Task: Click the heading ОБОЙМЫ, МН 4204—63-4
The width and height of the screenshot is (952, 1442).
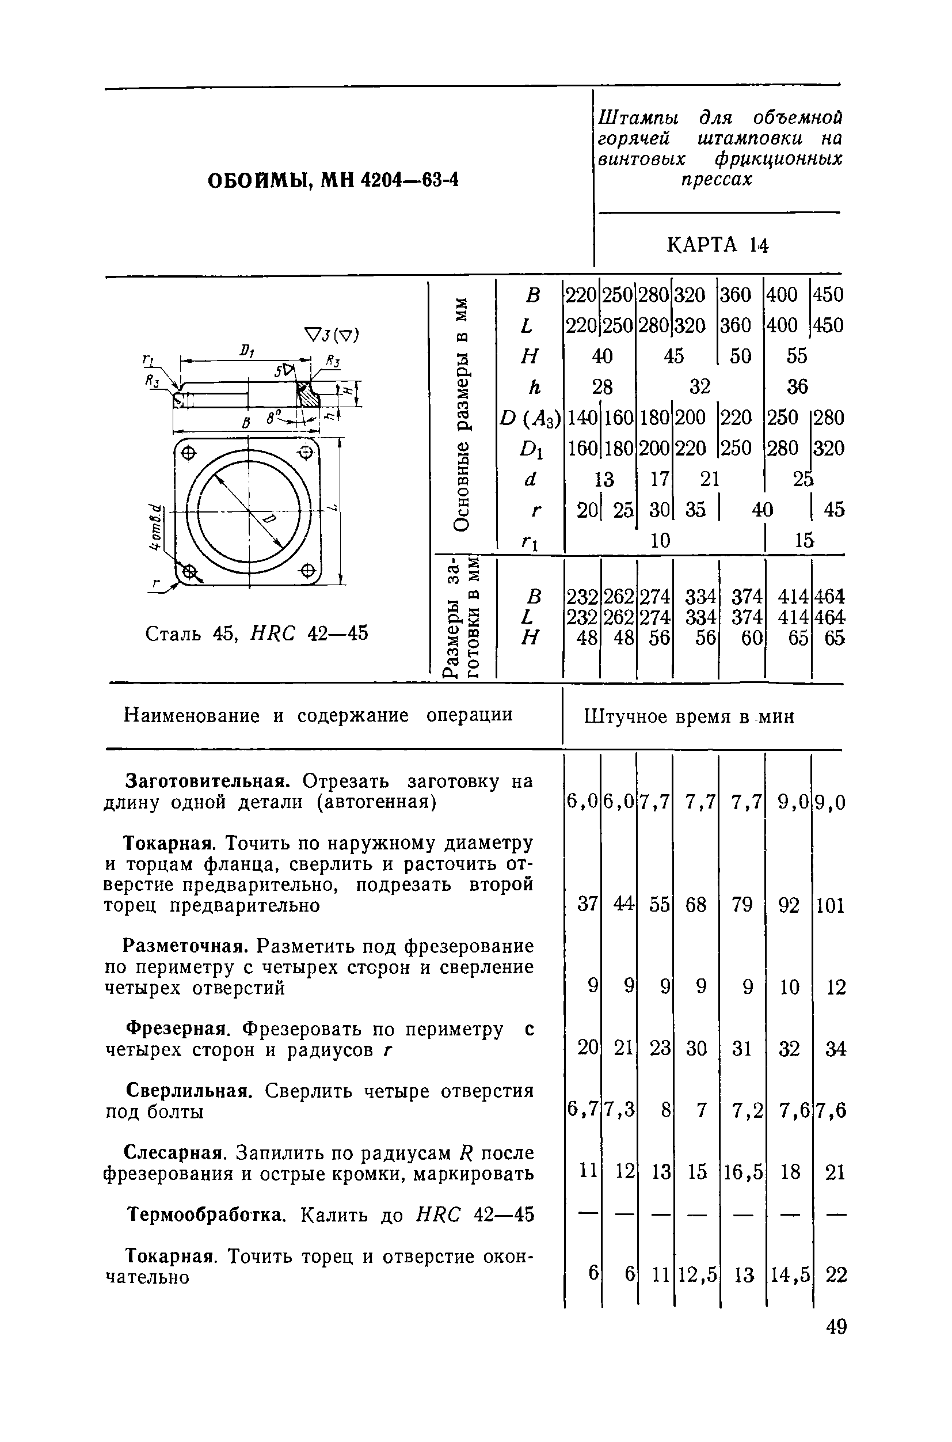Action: coord(333,181)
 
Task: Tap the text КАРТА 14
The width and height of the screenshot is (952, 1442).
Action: coord(718,246)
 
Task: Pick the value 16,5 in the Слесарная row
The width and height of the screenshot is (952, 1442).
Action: coord(742,1172)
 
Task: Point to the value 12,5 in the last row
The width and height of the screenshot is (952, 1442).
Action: coord(696,1274)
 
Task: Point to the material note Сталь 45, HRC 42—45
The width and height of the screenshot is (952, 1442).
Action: coord(257,634)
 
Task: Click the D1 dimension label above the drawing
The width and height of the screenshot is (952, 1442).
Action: coord(246,351)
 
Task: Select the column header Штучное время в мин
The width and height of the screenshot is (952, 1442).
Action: coord(689,718)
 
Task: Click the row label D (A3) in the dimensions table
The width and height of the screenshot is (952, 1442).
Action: coord(530,418)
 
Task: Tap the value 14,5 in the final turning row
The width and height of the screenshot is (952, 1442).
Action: coord(789,1274)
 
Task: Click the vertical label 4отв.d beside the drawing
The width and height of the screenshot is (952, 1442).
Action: coord(156,528)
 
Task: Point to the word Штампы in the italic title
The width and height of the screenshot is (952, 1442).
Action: coord(639,117)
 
